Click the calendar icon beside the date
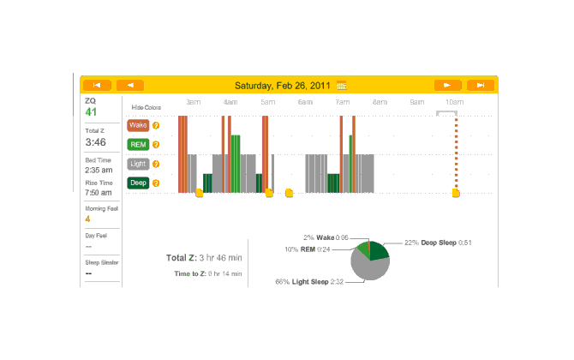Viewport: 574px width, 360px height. point(342,86)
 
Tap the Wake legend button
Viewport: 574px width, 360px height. point(138,125)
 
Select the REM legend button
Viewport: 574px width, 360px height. point(138,145)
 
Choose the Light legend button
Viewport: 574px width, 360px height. point(138,164)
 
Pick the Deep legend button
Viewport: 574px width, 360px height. point(138,183)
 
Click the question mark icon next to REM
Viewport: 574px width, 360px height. point(156,145)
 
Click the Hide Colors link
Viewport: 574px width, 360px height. point(146,107)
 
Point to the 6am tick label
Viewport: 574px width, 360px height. point(305,102)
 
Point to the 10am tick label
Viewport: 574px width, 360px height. point(454,102)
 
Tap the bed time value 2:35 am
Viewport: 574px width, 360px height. point(99,170)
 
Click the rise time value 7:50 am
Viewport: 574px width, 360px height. point(99,193)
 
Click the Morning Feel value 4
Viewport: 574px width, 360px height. point(87,219)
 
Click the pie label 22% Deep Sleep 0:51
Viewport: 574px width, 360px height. point(439,243)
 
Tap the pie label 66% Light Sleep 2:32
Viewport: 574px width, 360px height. point(309,281)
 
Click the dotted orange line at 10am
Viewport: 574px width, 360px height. point(456,154)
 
